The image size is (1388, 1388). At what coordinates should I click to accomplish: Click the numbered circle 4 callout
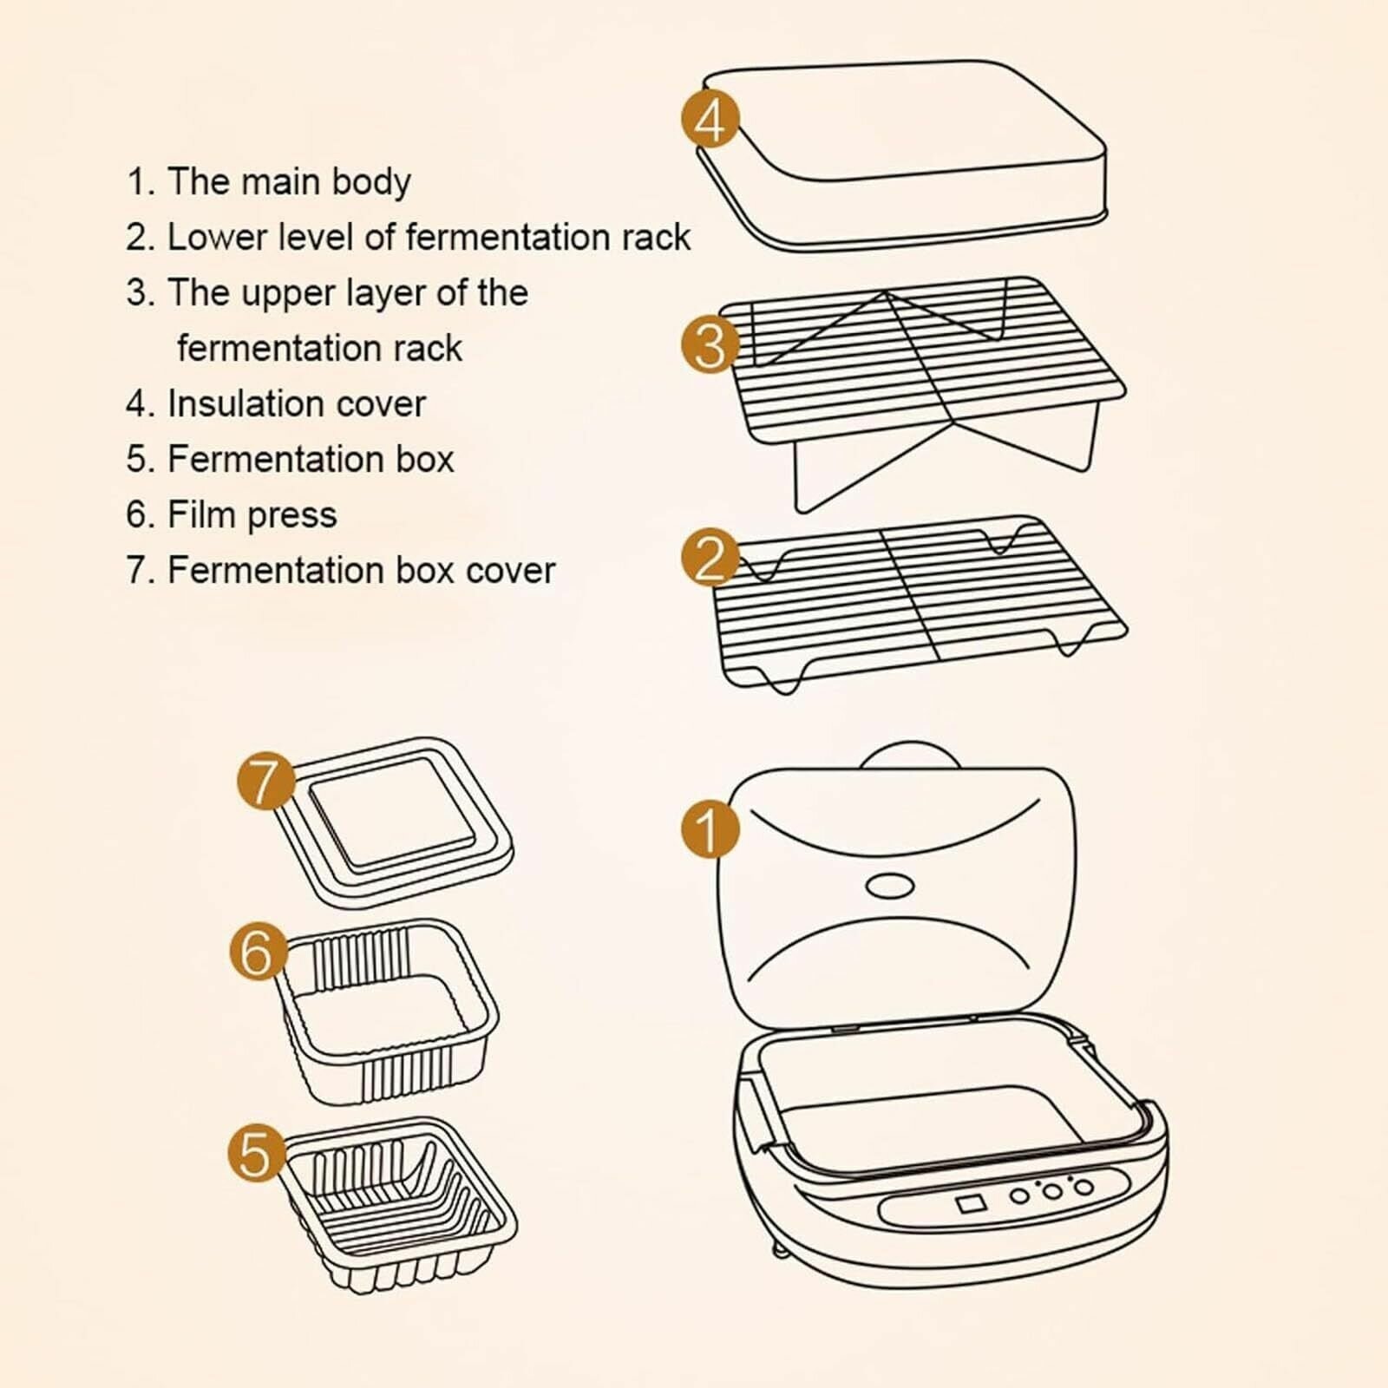click(x=710, y=121)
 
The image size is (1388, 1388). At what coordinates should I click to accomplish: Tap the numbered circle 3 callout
click(x=710, y=344)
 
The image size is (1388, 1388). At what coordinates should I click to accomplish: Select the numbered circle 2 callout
click(x=710, y=559)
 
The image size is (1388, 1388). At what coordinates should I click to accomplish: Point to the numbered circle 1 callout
click(x=710, y=828)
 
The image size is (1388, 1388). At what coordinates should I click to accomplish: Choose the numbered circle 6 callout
click(x=258, y=951)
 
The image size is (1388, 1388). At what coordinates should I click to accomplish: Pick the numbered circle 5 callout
click(x=256, y=1154)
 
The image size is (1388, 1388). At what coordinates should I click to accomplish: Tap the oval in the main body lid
click(x=890, y=886)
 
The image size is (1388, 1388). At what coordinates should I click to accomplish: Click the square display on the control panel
click(x=969, y=1204)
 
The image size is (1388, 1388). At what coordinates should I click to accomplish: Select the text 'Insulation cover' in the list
click(x=296, y=404)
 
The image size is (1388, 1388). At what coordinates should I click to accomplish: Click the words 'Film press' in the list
click(x=252, y=515)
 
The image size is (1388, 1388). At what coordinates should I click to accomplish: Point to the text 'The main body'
click(x=288, y=182)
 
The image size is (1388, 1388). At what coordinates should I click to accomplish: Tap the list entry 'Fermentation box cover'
click(x=361, y=571)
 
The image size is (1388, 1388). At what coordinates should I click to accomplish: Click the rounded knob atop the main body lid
click(x=910, y=754)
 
